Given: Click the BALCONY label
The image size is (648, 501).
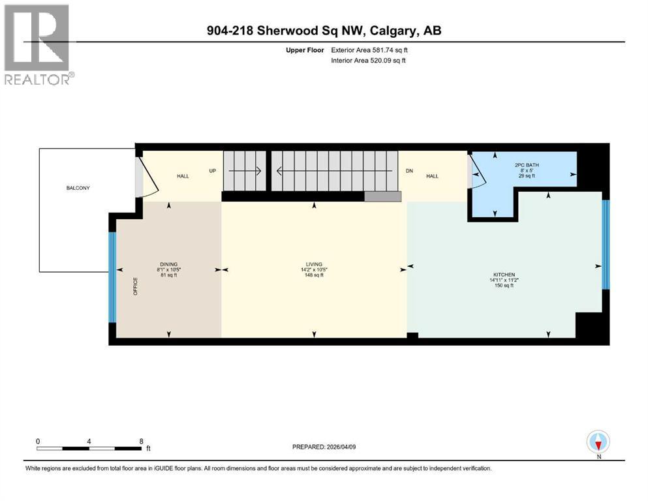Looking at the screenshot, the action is pyautogui.click(x=78, y=188).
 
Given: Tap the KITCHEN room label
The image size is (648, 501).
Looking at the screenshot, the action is pyautogui.click(x=504, y=275).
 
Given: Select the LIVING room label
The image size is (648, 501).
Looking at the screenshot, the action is pyautogui.click(x=314, y=264).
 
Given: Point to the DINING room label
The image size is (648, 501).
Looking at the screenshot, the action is pyautogui.click(x=168, y=264).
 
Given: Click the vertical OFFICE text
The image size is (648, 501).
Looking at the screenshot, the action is pyautogui.click(x=135, y=286).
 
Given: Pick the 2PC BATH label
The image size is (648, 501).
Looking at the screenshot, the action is pyautogui.click(x=527, y=165).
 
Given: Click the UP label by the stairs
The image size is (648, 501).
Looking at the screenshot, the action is pyautogui.click(x=213, y=170).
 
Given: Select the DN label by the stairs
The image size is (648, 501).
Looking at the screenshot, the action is pyautogui.click(x=409, y=170).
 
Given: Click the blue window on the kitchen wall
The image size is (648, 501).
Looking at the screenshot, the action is pyautogui.click(x=606, y=245).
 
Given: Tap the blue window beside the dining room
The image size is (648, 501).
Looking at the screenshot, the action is pyautogui.click(x=112, y=277).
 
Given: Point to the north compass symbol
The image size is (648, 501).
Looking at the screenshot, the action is pyautogui.click(x=598, y=442).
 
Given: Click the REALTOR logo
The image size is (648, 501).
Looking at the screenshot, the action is pyautogui.click(x=39, y=44).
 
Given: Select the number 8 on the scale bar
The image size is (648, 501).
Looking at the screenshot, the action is pyautogui.click(x=142, y=441).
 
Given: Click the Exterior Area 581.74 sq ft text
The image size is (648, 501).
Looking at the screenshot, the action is pyautogui.click(x=369, y=50).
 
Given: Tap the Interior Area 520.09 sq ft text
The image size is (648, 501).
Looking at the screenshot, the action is pyautogui.click(x=368, y=60).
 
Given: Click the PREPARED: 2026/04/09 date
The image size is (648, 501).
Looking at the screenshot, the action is pyautogui.click(x=324, y=447).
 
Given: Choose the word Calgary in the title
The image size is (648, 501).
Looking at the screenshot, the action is pyautogui.click(x=394, y=31).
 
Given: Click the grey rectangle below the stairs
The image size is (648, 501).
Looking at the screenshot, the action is pyautogui.click(x=382, y=196).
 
